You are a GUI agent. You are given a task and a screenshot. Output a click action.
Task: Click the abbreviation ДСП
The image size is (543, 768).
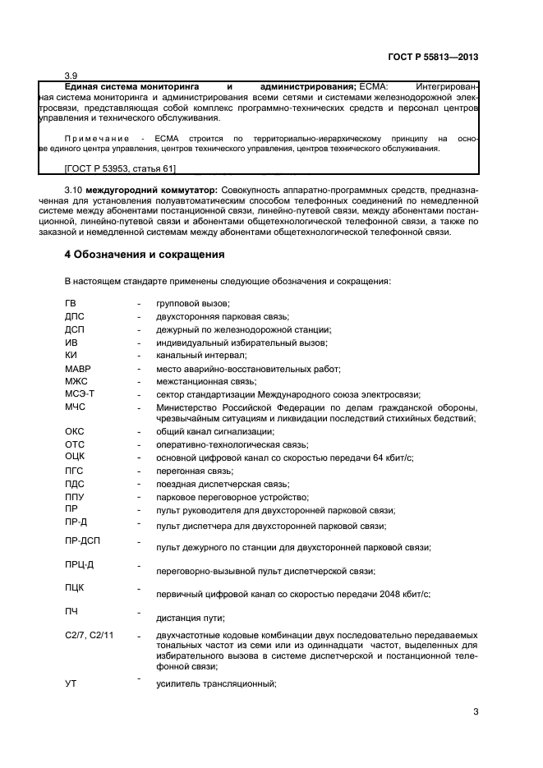74,329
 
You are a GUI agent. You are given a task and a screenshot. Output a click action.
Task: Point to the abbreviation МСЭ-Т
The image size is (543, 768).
79,394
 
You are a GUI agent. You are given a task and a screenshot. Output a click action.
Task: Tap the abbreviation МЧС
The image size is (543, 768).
75,407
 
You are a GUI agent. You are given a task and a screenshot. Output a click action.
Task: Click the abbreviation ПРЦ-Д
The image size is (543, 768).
79,563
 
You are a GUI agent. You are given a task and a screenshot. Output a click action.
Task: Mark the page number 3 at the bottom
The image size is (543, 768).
475,711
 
